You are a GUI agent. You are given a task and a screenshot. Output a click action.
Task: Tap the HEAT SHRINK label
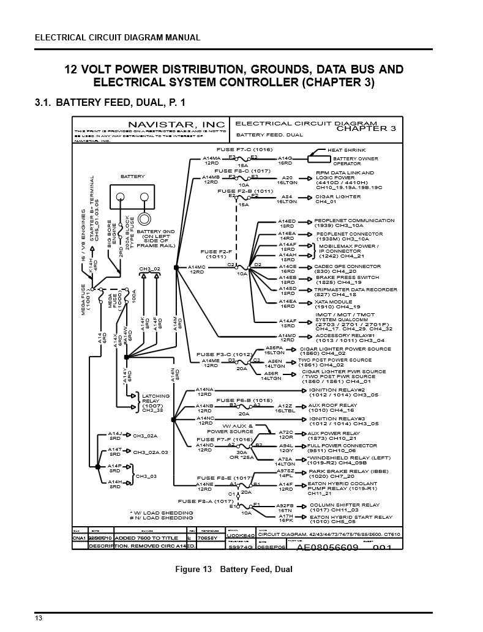click(346, 149)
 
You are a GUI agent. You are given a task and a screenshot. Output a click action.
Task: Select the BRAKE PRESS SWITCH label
click(346, 277)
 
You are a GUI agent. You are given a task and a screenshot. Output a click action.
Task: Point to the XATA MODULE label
click(334, 301)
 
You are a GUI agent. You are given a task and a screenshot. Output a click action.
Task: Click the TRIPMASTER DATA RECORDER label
click(356, 289)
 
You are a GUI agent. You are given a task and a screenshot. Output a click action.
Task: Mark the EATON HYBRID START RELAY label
click(351, 517)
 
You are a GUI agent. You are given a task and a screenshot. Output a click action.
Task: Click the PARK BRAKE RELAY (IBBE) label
click(348, 472)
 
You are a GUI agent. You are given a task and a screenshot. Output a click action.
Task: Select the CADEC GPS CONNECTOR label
click(347, 266)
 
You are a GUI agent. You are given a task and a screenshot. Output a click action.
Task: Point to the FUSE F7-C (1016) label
click(244, 149)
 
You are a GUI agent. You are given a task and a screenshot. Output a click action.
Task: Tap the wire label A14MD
click(287, 335)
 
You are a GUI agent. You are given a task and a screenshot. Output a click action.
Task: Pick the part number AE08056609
click(328, 548)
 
